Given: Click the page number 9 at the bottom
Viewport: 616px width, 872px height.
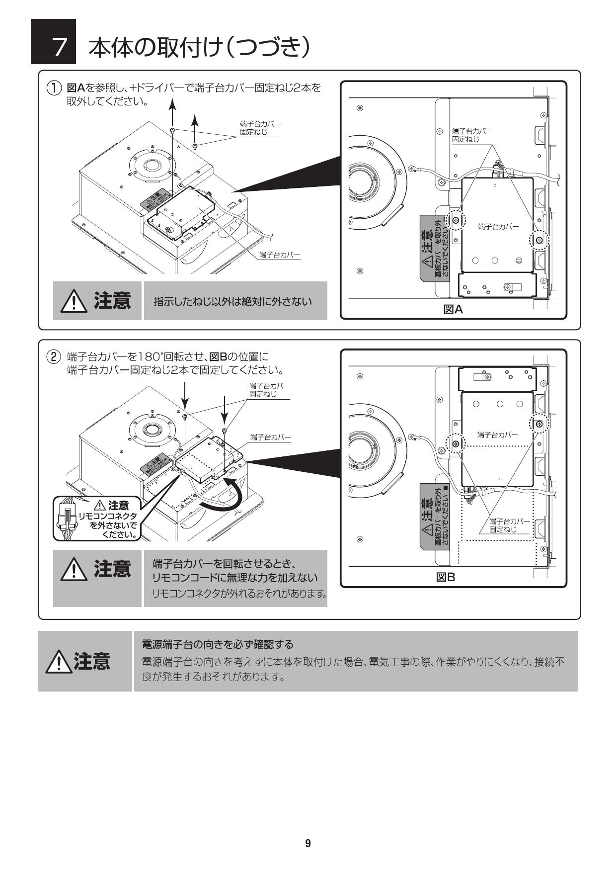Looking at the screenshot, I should pos(308,843).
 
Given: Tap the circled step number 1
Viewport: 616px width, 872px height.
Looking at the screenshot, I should pos(54,88).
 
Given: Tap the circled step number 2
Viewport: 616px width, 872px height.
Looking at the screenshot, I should pos(54,357).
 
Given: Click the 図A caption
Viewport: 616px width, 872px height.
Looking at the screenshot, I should pos(453,310).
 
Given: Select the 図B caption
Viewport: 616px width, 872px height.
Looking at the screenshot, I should pos(445,577).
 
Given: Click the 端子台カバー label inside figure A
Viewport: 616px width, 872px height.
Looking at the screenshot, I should pos(498,227).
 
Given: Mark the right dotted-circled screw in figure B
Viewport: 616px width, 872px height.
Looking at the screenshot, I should pos(539,424).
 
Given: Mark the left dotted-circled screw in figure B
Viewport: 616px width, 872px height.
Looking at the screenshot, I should pos(456,442).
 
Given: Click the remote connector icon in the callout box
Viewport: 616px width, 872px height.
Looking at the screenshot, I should pos(66,519).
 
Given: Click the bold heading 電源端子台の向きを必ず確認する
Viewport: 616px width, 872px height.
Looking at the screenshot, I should pos(218,644).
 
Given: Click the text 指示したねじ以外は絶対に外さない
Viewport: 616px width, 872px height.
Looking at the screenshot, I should pos(232,301).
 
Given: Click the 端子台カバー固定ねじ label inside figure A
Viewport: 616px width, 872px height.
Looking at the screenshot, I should pos(472,135).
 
